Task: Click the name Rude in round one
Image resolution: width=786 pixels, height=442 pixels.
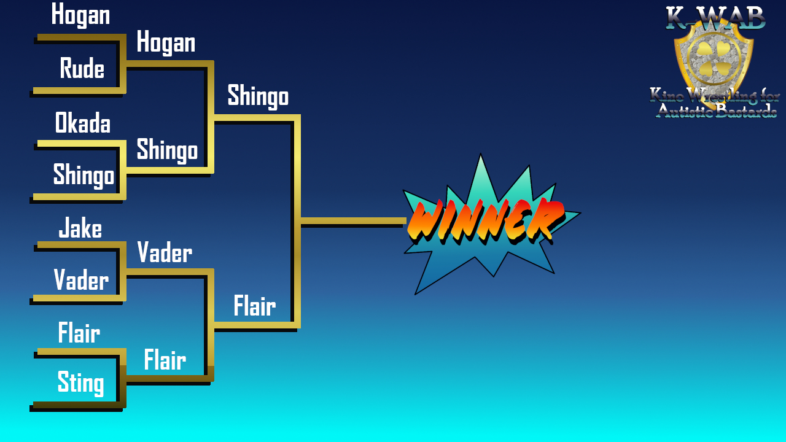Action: click(82, 68)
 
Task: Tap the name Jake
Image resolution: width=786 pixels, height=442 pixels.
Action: click(80, 228)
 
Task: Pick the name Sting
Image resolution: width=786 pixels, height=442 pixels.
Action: click(80, 383)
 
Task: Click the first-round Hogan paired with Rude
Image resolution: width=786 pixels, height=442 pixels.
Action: click(80, 15)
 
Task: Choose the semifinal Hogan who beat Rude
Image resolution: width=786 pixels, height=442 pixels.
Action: click(166, 42)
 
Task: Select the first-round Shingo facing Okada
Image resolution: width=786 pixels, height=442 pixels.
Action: click(84, 176)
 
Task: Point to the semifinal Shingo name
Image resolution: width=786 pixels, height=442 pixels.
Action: click(167, 150)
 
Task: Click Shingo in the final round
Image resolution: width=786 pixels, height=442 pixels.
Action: click(259, 96)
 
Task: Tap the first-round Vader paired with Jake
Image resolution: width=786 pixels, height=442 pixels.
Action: click(82, 279)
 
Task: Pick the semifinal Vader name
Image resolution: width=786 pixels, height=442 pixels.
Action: click(165, 252)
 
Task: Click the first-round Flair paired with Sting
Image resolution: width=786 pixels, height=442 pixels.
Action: click(79, 332)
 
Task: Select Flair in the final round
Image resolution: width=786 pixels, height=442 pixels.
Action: click(255, 306)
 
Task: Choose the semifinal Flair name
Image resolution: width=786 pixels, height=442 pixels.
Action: click(165, 360)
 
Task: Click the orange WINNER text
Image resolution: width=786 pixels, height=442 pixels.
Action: click(486, 221)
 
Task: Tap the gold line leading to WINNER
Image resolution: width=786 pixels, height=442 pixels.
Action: click(353, 220)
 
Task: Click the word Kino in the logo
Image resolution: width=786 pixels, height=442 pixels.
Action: click(666, 95)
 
